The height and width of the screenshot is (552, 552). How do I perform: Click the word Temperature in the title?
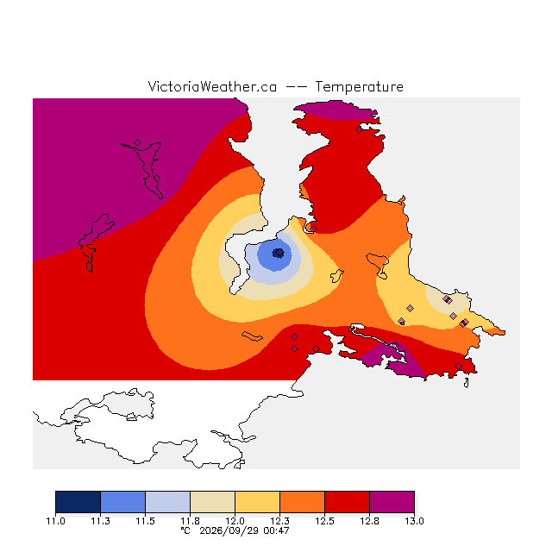(359, 86)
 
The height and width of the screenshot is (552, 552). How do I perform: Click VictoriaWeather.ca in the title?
(212, 86)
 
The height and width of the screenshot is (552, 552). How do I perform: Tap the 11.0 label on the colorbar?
(55, 521)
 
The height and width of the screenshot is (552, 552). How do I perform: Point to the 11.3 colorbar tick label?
(100, 521)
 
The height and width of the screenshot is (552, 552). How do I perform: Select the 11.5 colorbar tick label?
(145, 521)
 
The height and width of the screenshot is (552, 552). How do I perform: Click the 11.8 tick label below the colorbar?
(190, 521)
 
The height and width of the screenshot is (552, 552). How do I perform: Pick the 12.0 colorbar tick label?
(235, 521)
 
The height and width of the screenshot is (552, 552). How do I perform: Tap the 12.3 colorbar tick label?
(279, 521)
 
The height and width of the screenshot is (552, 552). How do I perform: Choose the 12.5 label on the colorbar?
(324, 521)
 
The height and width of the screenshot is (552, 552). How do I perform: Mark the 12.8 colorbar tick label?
(369, 521)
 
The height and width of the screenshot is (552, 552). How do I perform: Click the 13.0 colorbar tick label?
(414, 521)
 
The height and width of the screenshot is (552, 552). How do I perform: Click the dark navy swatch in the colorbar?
(78, 502)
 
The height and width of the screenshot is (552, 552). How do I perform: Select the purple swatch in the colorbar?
(392, 502)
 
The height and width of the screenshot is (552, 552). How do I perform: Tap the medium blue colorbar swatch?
(122, 502)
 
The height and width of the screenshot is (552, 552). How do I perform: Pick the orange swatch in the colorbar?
(302, 502)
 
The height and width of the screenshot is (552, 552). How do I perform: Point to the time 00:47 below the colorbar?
(276, 530)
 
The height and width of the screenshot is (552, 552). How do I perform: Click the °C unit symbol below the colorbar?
(185, 530)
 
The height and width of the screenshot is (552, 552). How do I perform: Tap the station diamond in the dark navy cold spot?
(279, 253)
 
